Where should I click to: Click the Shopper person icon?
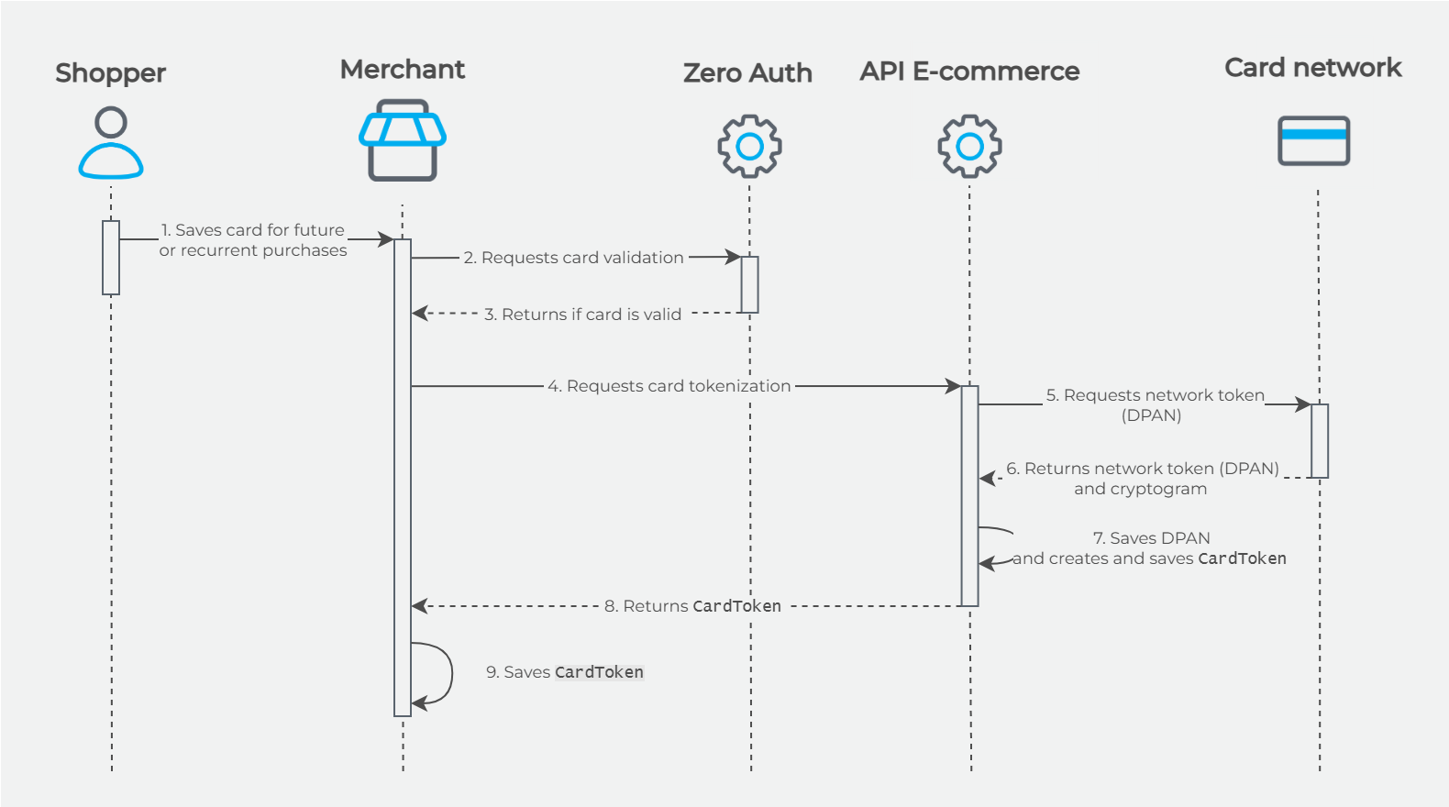coord(111,143)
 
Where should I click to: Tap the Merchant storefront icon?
coord(402,140)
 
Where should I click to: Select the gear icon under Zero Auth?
coord(749,146)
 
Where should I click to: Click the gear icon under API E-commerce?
coord(969,146)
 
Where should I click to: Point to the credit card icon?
coord(1313,140)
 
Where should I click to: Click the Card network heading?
coord(1312,68)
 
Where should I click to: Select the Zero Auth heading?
coord(747,73)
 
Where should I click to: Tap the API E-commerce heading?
coord(969,72)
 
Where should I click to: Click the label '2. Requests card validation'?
coord(573,258)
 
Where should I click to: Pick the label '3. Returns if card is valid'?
coord(582,315)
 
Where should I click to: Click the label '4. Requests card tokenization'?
coord(669,386)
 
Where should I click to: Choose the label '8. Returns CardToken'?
coord(692,606)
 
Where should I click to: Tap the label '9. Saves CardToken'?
coord(565,672)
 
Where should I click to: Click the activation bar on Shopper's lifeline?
coord(111,258)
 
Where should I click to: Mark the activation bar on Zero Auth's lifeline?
coord(749,284)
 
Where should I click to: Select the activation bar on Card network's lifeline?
coord(1319,441)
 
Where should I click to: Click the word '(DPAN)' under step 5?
coord(1151,415)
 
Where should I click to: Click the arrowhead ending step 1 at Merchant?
coord(385,239)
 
